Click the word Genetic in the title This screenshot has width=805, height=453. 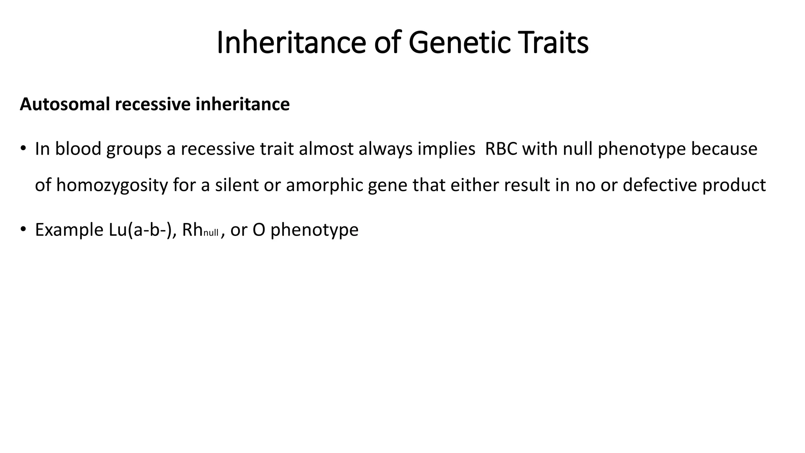(x=460, y=42)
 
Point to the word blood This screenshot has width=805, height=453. (x=78, y=149)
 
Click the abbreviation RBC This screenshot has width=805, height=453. (x=501, y=149)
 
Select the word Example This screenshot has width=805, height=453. (x=68, y=230)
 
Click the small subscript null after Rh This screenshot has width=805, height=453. (x=211, y=233)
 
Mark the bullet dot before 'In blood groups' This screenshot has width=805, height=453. (x=24, y=149)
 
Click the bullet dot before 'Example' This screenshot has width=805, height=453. (x=24, y=230)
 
